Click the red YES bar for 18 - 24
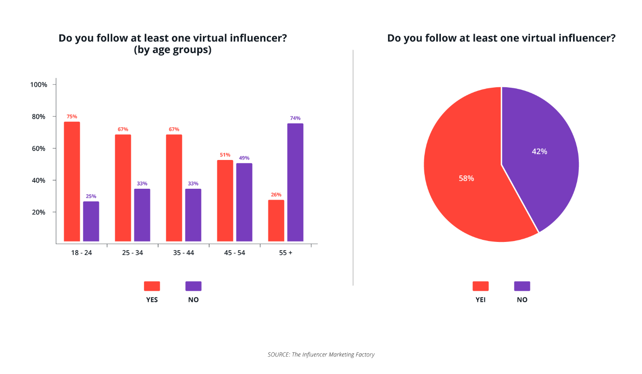[x=72, y=181]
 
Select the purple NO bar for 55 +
[x=295, y=182]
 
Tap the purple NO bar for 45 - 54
[x=244, y=202]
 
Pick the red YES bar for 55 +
[x=276, y=221]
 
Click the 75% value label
[x=72, y=117]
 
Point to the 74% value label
[x=295, y=118]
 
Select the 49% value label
[x=244, y=158]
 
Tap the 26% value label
[x=276, y=195]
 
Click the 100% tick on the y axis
[x=39, y=85]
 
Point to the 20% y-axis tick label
[x=39, y=212]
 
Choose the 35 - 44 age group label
[x=184, y=253]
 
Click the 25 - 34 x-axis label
[x=133, y=253]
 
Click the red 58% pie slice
[x=467, y=183]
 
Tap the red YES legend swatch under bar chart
[x=152, y=286]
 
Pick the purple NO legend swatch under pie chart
[x=522, y=286]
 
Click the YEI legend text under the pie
[x=481, y=300]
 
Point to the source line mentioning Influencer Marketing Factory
[x=321, y=355]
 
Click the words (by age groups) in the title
[x=173, y=50]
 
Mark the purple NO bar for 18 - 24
[x=91, y=221]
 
